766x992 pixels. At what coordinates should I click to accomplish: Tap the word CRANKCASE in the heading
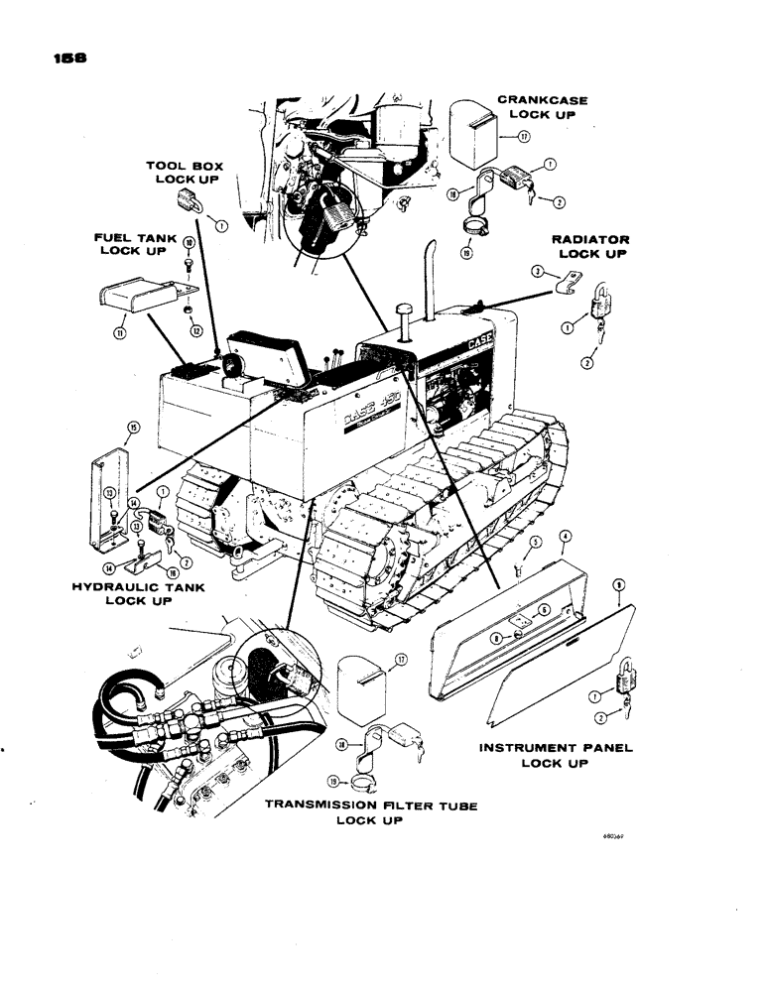point(542,100)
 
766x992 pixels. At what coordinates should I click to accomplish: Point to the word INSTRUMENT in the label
point(529,746)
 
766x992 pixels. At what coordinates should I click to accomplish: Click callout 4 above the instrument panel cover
point(564,536)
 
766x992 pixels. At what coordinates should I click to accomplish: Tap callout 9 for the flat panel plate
point(619,585)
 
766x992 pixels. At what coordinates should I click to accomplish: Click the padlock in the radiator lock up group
point(601,301)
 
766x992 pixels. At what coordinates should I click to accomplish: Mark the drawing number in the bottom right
point(616,836)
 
